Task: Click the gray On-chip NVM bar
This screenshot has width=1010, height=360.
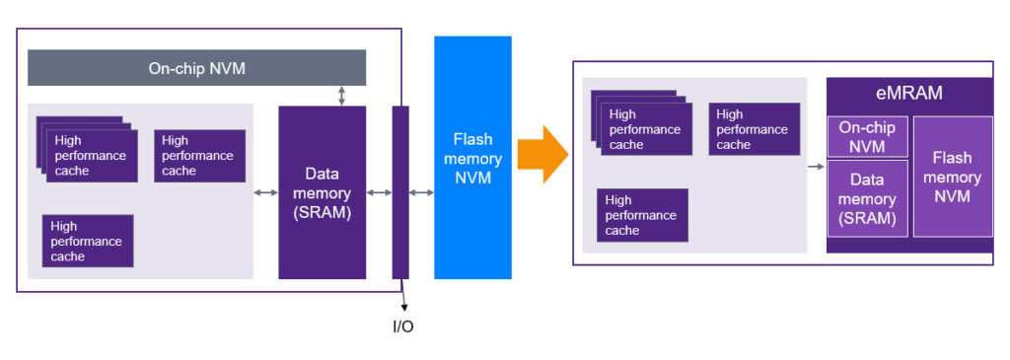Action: (x=196, y=68)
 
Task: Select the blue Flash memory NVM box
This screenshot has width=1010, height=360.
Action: (x=472, y=158)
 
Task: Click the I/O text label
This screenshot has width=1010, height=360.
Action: (x=403, y=326)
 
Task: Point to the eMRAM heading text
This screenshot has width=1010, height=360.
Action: (x=909, y=94)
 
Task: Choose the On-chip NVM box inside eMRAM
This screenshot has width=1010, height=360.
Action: (x=867, y=137)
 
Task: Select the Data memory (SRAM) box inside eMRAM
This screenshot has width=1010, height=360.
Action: (x=867, y=198)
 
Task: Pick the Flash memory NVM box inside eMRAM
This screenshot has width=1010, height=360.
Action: (x=952, y=177)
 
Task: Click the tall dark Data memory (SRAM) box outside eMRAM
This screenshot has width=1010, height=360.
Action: (x=322, y=192)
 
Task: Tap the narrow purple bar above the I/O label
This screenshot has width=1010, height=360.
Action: (x=400, y=192)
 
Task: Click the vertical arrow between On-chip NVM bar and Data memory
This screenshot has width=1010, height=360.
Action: (x=341, y=96)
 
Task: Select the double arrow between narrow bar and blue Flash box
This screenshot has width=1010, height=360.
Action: (x=422, y=192)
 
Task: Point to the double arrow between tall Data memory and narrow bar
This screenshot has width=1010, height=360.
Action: (x=379, y=192)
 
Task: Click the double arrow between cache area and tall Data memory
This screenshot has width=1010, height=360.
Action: (x=265, y=192)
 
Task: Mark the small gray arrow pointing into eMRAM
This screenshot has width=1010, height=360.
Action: (x=816, y=167)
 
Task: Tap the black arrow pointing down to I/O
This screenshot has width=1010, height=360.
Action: (x=403, y=296)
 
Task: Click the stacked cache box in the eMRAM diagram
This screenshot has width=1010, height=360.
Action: (x=644, y=128)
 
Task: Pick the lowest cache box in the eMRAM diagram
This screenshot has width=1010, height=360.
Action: (x=642, y=215)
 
